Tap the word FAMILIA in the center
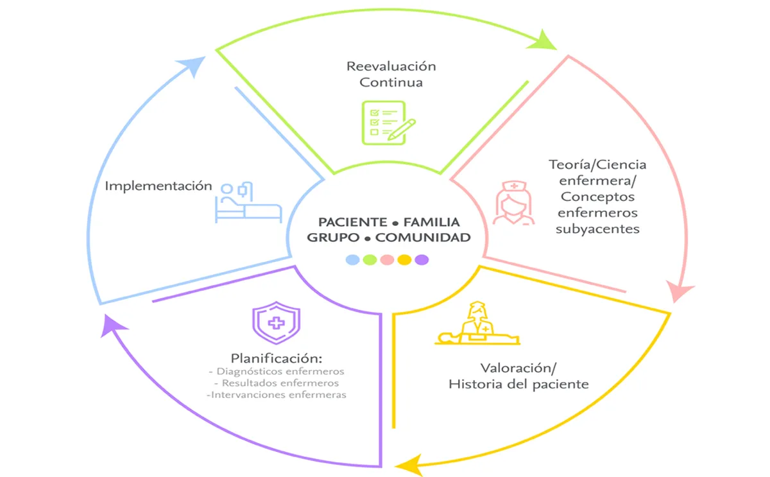432,222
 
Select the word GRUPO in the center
331,238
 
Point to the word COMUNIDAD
422,238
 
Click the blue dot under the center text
352,260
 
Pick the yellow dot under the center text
404,260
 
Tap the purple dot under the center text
422,260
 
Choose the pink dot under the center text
387,260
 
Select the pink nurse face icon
513,203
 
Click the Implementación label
158,186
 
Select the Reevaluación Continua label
391,74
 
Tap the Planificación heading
277,357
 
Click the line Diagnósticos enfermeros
277,371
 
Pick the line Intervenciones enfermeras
277,395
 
